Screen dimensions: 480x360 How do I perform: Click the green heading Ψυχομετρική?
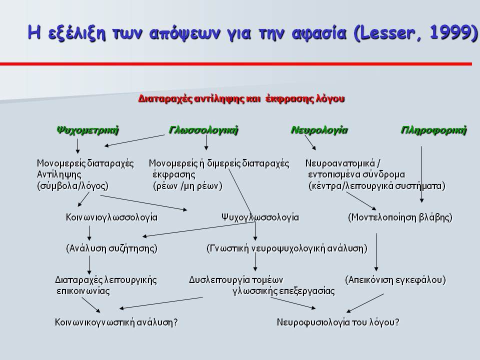[87, 130]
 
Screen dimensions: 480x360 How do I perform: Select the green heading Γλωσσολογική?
[203, 130]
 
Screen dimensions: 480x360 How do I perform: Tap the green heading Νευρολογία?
[319, 130]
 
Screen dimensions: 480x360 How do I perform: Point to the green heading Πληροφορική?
[434, 130]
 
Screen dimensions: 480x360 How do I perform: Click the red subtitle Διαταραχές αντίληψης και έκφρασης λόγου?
[241, 99]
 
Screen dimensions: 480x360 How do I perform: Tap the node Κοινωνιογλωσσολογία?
[111, 217]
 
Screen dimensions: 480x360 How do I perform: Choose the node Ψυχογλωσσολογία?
[260, 217]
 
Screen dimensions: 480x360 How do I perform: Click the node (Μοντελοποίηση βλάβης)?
[400, 217]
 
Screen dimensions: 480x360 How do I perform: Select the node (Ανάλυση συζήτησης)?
[111, 248]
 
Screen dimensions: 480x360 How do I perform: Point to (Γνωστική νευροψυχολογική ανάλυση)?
[287, 248]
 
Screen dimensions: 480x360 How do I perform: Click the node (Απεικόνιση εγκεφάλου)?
[395, 280]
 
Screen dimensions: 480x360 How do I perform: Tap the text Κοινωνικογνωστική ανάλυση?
[116, 322]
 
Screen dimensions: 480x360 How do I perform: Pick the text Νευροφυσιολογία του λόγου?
[338, 322]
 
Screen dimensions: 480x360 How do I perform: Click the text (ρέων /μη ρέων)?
[187, 186]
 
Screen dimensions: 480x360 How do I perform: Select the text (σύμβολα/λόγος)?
[72, 186]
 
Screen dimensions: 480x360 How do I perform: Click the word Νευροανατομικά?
[340, 163]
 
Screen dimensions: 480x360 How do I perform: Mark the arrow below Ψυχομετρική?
[78, 145]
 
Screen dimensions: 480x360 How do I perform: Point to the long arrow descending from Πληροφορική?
[422, 174]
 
